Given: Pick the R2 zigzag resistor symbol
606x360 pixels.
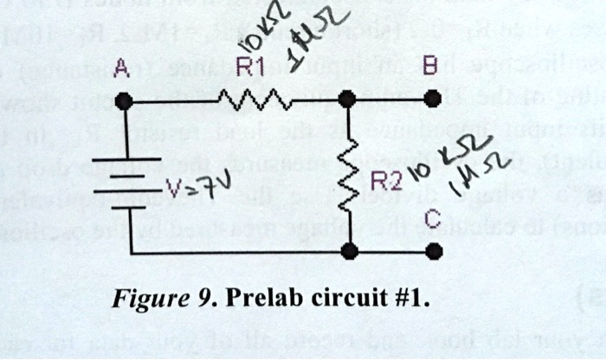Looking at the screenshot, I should [350, 180].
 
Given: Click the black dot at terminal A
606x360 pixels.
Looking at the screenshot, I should [126, 101].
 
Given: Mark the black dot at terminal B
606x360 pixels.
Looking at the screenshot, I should [435, 100].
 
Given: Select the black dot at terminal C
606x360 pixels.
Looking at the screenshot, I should [435, 252].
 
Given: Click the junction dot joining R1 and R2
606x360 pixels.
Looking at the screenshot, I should [349, 100].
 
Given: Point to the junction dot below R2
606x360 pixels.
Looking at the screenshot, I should [349, 252].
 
